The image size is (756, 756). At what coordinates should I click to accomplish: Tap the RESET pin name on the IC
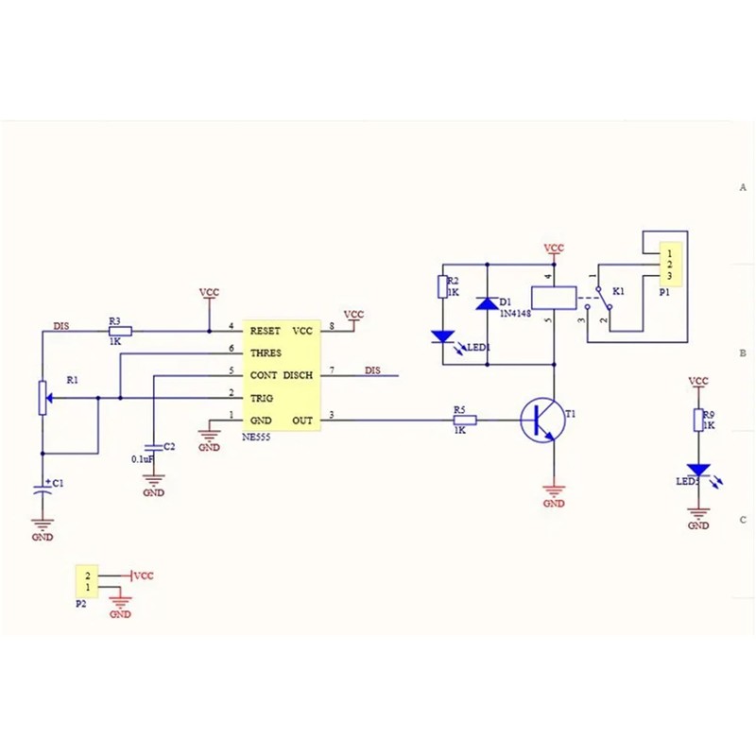coord(266,331)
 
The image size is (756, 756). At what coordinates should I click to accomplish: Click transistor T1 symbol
coord(541,420)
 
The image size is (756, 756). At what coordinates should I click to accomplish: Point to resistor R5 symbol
coord(464,421)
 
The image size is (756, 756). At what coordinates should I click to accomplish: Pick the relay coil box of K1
coord(553,296)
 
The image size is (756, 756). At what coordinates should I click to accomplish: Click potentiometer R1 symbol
coord(43,397)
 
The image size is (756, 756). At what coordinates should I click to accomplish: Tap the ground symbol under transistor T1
coord(554,491)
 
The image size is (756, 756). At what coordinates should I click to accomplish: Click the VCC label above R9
coord(698,381)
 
